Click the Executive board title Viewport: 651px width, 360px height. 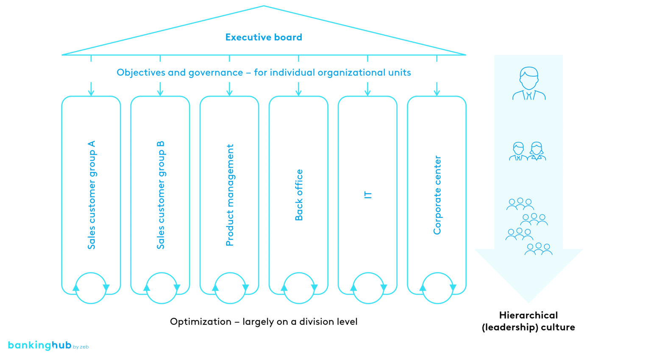click(x=264, y=37)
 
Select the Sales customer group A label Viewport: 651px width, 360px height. click(x=92, y=195)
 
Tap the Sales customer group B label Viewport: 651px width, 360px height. click(x=161, y=195)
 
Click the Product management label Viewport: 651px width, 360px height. click(x=230, y=195)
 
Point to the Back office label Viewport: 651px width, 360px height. click(x=299, y=195)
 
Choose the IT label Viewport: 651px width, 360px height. click(x=368, y=195)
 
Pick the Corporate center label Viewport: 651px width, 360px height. click(x=437, y=195)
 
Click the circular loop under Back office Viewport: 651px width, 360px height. click(x=299, y=288)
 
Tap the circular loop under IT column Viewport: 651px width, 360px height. click(x=368, y=288)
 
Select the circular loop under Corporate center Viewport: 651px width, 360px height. click(x=437, y=288)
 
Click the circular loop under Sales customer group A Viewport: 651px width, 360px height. click(x=91, y=288)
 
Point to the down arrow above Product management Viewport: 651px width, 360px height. click(x=229, y=89)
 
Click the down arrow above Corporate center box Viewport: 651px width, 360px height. click(x=437, y=89)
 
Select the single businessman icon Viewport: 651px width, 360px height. click(x=529, y=83)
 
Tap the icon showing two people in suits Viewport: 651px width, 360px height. click(x=528, y=151)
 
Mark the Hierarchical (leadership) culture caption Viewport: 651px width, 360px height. click(x=528, y=321)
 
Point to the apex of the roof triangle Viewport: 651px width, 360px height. click(x=264, y=6)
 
